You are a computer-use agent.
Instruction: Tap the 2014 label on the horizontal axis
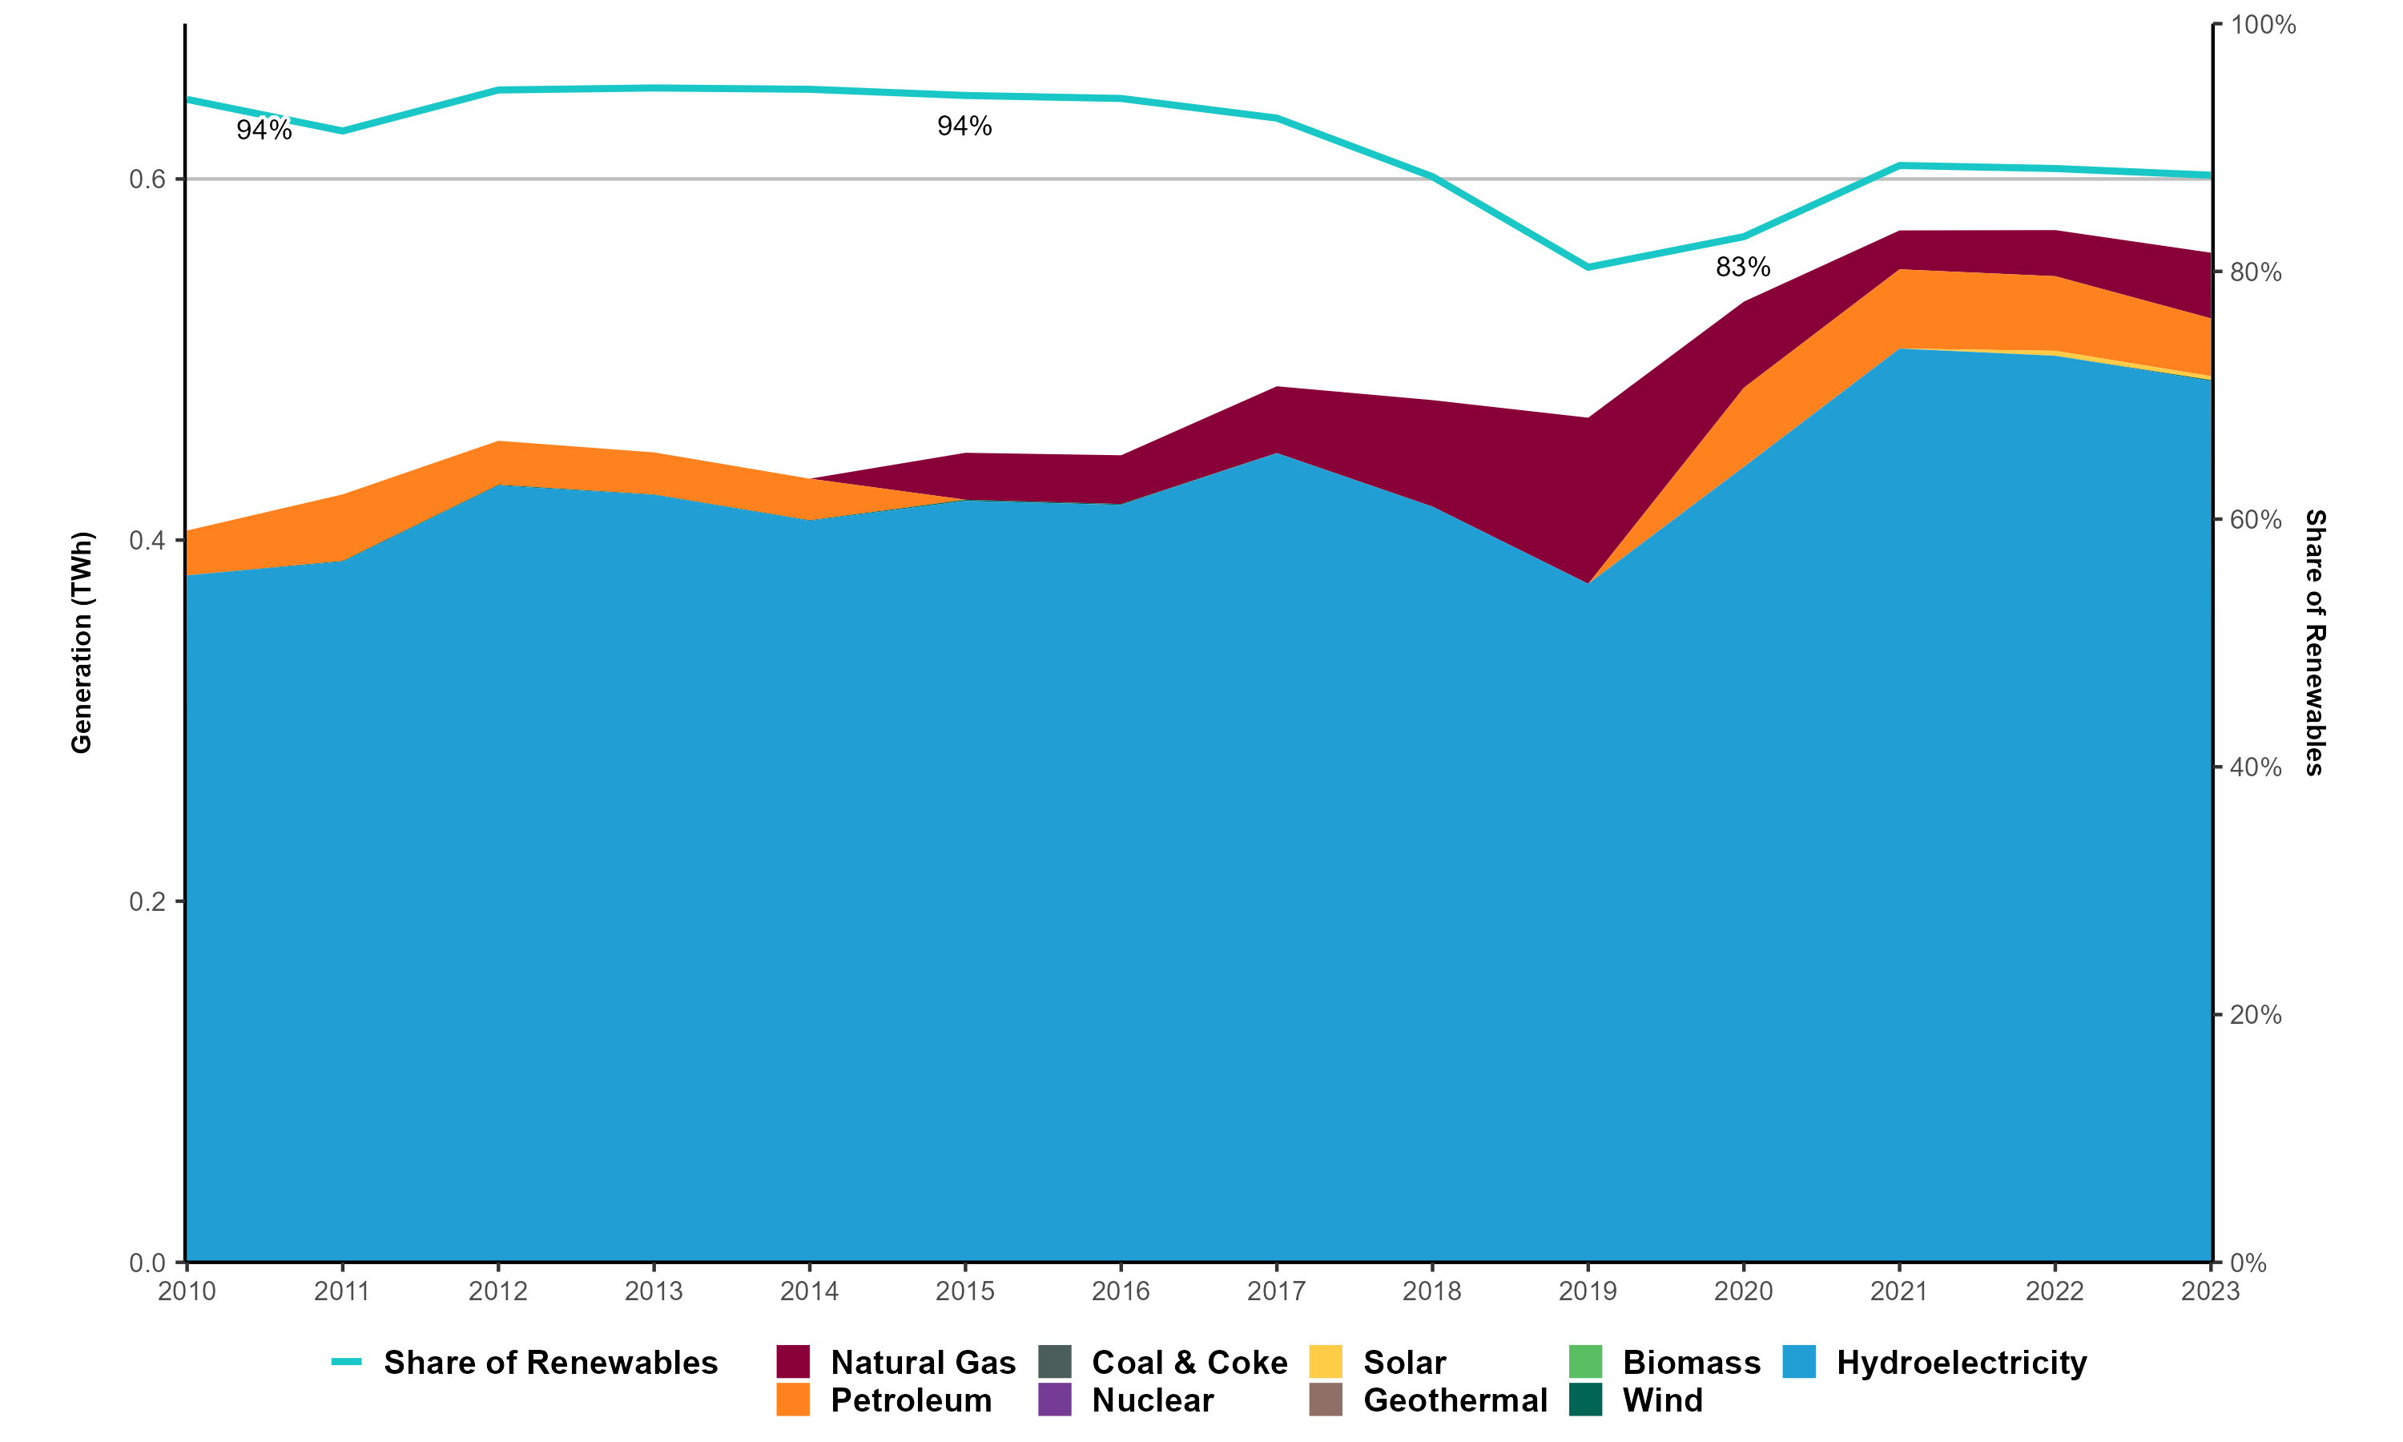809,1291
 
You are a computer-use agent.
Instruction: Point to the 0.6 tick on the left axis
147,179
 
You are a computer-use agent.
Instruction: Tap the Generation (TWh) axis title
82,642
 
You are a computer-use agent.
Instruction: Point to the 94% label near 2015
964,127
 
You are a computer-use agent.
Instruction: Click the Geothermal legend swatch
1326,1400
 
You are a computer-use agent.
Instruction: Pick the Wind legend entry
1662,1400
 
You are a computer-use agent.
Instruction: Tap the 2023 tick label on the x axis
2210,1291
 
